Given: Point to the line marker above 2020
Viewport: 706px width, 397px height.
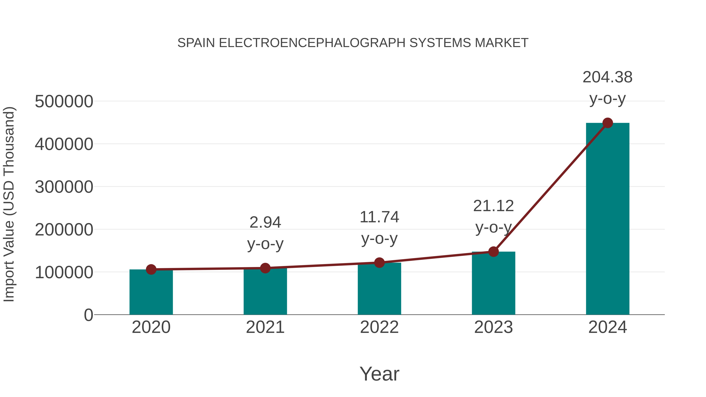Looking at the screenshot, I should click(151, 269).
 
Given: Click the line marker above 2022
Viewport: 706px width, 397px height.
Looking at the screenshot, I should click(379, 263).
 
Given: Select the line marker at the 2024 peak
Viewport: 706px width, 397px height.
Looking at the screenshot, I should click(608, 123).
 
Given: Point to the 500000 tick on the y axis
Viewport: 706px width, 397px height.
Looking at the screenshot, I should click(64, 102).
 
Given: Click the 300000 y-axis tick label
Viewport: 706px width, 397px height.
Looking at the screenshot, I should click(64, 187).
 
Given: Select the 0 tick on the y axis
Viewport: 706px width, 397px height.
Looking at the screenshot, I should click(88, 315).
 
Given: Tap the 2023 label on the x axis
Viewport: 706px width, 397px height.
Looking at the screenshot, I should click(493, 327).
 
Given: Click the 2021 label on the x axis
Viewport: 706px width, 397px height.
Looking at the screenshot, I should click(265, 327).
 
